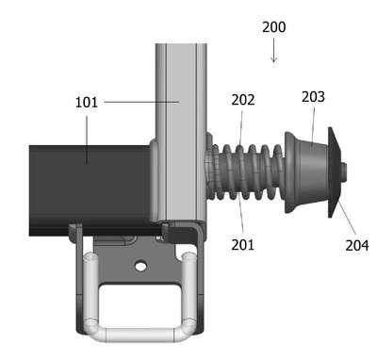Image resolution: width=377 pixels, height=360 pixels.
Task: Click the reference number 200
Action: pos(274,27)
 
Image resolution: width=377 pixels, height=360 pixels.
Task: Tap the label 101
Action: pos(87,103)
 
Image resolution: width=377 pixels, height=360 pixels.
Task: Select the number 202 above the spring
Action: pos(243,100)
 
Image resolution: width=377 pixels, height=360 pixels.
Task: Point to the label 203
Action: pos(313,97)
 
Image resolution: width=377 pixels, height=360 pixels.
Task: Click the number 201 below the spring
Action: pos(242,245)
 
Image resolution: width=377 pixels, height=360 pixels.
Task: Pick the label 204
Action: pos(357,245)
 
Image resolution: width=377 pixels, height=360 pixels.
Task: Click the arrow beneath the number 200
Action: pos(274,50)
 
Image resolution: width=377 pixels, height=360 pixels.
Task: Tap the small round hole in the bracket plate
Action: pos(140,267)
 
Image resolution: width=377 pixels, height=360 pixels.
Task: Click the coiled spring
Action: pos(245,172)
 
